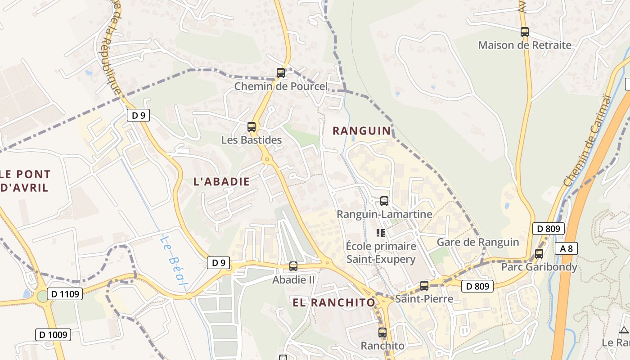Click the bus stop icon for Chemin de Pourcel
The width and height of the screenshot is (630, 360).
pos(280,72)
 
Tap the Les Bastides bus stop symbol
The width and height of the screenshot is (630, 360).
pos(252,127)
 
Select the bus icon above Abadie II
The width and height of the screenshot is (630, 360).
pos(293,266)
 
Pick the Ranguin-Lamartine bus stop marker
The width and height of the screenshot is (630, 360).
pos(384,201)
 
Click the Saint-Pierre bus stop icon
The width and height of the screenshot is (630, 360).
pos(424,286)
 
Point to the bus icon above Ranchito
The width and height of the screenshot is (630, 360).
pos(382,333)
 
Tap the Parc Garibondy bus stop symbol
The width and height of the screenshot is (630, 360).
pos(539,254)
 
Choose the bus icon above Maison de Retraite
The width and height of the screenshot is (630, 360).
pos(525,32)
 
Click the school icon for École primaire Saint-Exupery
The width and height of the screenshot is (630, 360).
pos(381,233)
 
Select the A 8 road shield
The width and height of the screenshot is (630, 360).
pos(566,248)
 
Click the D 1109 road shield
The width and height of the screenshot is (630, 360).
pos(65,294)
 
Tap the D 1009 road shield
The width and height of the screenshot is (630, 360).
pos(53,334)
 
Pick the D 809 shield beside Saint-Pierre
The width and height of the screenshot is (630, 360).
pos(477,286)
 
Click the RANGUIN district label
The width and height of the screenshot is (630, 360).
pos(362,131)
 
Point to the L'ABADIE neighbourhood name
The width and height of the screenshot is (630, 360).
pos(221,182)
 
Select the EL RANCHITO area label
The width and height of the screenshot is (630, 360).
pos(334,302)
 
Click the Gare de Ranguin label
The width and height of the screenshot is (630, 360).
pos(478,242)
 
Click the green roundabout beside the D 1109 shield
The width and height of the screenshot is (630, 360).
pos(42,296)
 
